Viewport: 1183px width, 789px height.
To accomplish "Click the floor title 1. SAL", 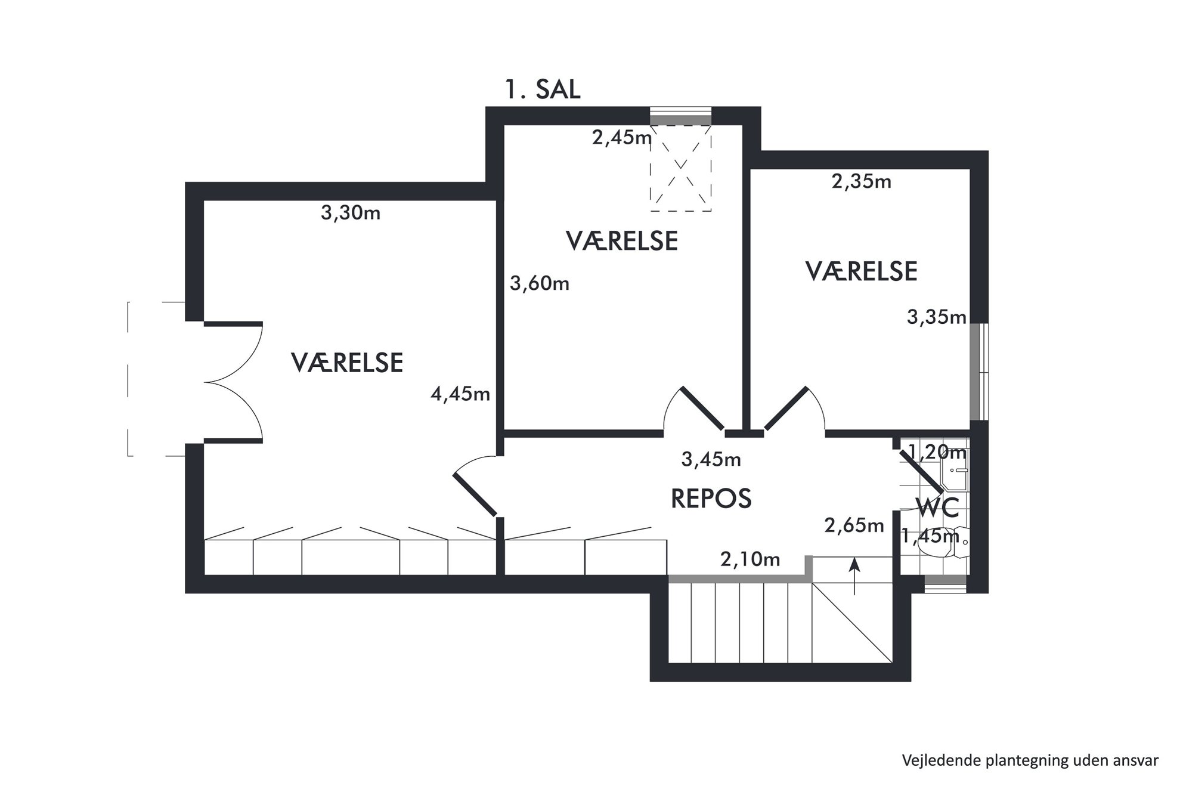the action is click(543, 89).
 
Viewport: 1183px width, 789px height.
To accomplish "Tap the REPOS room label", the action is click(711, 499).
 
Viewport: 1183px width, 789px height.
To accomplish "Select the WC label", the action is click(938, 508).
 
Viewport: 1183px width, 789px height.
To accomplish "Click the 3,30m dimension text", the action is click(351, 212).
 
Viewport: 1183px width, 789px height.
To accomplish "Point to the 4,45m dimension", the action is click(460, 394).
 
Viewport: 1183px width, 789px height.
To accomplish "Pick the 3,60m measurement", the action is click(540, 283).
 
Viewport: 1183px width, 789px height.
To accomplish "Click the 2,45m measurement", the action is click(622, 138).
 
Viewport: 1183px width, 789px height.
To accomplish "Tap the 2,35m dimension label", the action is click(862, 181).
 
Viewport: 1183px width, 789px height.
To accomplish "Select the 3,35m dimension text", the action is click(937, 317).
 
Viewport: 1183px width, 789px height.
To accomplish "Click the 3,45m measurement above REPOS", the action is click(711, 459).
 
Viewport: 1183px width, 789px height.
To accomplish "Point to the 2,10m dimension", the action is click(750, 559).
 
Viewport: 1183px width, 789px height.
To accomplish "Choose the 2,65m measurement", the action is click(854, 525).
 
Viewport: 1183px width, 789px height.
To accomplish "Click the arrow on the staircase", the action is click(855, 576).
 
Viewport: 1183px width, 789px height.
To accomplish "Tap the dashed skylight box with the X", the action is click(680, 168).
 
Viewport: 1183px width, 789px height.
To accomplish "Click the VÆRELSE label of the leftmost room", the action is click(347, 363).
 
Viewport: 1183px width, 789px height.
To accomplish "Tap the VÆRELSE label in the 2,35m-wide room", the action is click(862, 271).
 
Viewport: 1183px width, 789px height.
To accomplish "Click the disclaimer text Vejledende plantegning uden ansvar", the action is click(1030, 760).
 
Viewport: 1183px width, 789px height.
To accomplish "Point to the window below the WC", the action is click(944, 584).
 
